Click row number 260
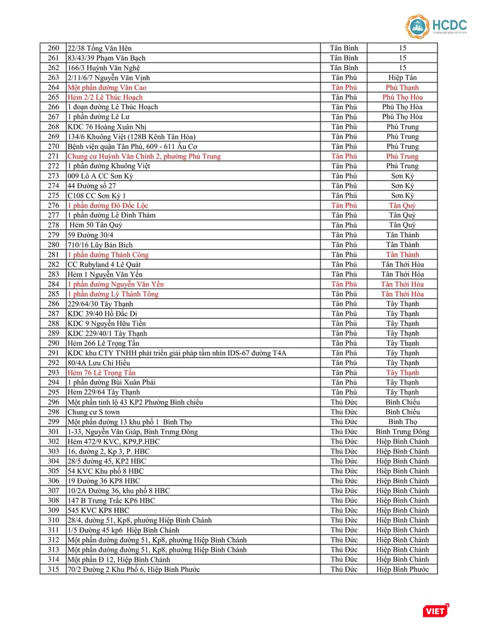[53, 48]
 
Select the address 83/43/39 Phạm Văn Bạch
[107, 58]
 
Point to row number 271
[53, 156]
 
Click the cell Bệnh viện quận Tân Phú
[133, 146]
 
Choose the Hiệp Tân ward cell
[402, 78]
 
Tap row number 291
[53, 353]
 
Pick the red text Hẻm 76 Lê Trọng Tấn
[102, 373]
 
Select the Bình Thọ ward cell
[402, 422]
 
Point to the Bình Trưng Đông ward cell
[402, 432]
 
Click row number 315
[53, 569]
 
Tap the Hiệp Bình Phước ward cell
[402, 569]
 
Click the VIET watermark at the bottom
[436, 611]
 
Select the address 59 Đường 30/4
[90, 235]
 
